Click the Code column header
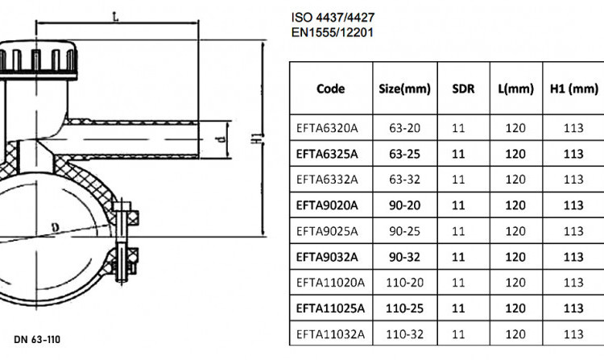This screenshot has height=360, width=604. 330,89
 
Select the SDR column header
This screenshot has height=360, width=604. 463,89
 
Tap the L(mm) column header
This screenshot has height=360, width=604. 515,89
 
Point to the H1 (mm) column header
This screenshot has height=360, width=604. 574,89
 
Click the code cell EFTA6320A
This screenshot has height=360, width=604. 327,128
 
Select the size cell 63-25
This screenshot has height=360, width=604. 404,154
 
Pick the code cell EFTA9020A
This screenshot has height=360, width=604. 327,205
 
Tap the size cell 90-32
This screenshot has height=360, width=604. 404,257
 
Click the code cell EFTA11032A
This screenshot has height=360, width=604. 330,333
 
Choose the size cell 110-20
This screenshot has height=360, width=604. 404,283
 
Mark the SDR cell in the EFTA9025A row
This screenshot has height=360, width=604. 458,231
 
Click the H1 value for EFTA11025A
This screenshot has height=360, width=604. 573,308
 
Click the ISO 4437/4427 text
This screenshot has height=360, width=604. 333,18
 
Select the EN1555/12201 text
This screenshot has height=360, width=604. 333,32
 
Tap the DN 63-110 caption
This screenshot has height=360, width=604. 37,340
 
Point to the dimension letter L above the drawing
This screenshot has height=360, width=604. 115,17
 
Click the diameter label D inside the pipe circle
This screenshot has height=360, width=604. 56,228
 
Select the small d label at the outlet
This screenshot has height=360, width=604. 222,139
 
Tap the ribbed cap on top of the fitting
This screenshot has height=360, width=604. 38,60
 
